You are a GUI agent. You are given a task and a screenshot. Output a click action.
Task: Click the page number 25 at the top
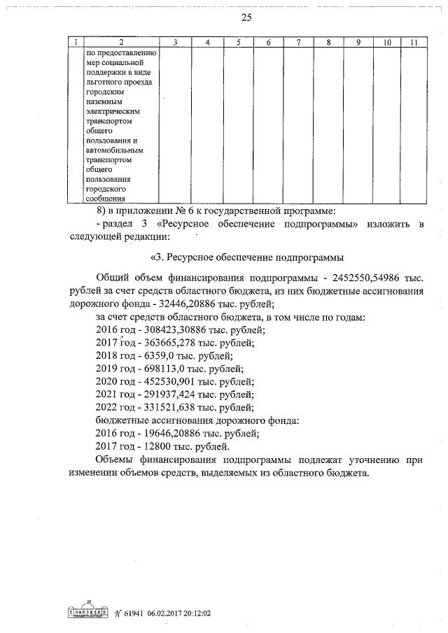click(223, 17)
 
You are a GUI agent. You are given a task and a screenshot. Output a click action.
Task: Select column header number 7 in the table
click(299, 43)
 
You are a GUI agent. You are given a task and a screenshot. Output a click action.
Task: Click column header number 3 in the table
click(176, 43)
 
